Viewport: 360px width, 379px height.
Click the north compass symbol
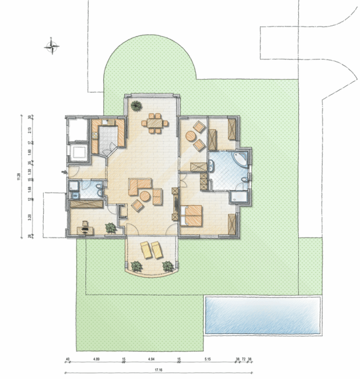(x=53, y=45)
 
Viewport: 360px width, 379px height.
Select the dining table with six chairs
(x=155, y=122)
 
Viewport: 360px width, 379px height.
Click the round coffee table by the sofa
(x=145, y=197)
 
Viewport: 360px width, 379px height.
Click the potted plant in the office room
(x=110, y=228)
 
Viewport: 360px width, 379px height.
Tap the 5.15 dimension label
(x=207, y=360)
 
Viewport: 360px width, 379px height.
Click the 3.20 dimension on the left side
(x=29, y=217)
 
